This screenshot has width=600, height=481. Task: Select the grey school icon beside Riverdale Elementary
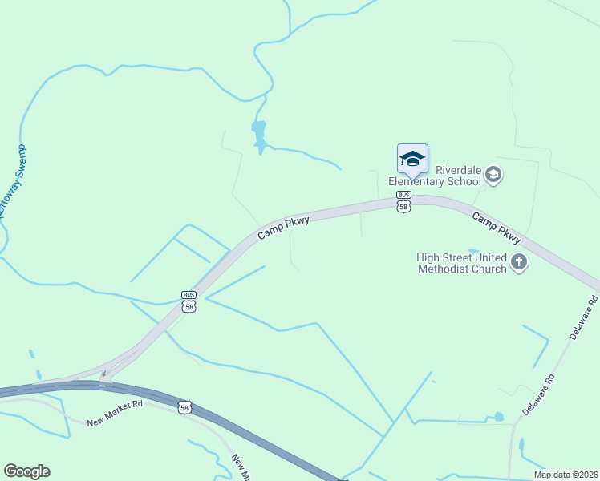pos(493,175)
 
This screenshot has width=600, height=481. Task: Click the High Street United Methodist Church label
pos(461,263)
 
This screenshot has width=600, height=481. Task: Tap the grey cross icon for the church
pos(519,262)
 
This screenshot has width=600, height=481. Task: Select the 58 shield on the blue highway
pos(185,407)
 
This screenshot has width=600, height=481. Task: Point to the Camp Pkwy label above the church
pos(496,228)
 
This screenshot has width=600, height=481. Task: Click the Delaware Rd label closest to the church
pos(583,317)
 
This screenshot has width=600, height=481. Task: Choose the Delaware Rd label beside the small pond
pos(538,394)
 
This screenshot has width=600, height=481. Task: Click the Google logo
pos(26,471)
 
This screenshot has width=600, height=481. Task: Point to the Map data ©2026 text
pos(566,475)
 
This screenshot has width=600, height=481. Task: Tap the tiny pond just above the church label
pos(472,251)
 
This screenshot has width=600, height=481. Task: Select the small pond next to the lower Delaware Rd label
pos(499,417)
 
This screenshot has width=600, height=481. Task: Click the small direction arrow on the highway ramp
pos(103,374)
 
